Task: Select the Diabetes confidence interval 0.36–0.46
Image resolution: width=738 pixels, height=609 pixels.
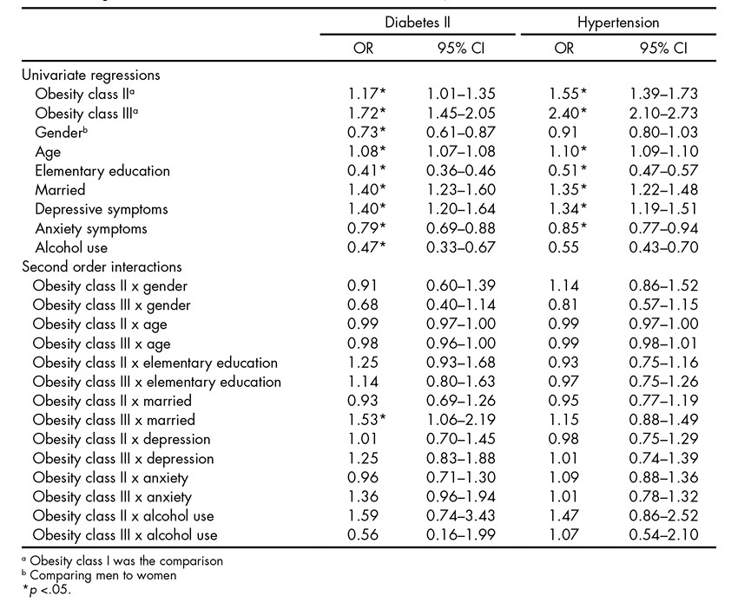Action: (x=460, y=170)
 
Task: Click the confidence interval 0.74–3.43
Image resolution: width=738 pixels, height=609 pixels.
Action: (x=460, y=515)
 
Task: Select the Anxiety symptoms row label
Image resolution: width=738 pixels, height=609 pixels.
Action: (x=91, y=228)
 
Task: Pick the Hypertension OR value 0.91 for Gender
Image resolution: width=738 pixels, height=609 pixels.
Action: (x=564, y=132)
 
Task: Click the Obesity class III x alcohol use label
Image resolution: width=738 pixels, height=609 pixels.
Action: (x=125, y=534)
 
